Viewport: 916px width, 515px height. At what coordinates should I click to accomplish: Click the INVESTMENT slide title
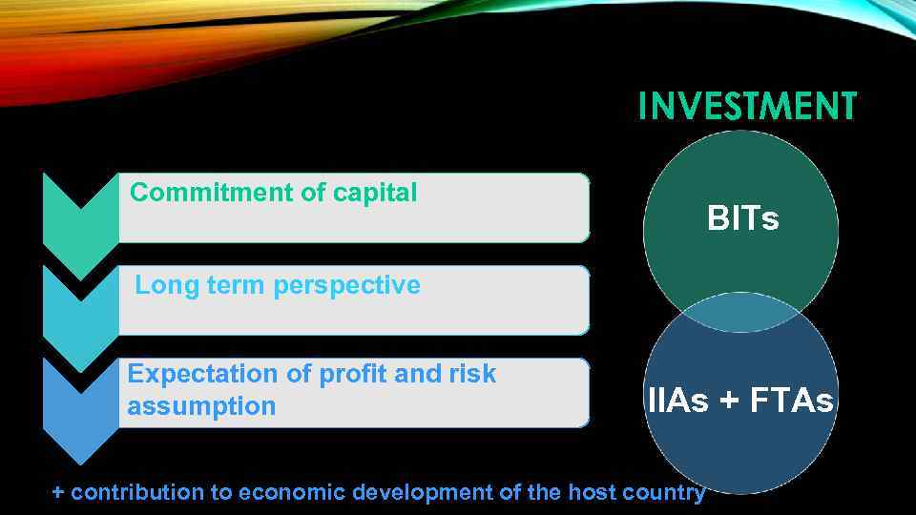coord(747,106)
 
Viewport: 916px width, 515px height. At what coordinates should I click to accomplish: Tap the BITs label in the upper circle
coord(742,219)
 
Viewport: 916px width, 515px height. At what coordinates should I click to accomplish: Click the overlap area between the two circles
coord(741,314)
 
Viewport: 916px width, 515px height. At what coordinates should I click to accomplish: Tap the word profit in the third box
coord(352,374)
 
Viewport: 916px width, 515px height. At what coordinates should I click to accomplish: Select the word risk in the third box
coord(472,374)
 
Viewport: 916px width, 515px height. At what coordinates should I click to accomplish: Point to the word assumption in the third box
coord(201,406)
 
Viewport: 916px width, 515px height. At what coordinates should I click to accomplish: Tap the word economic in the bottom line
coord(292,493)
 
